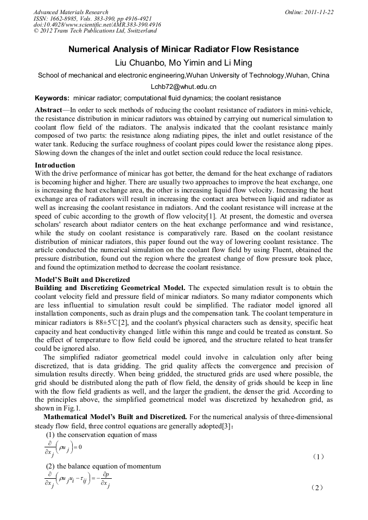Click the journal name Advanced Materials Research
[71, 12]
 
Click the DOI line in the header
[97, 25]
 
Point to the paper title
[183, 49]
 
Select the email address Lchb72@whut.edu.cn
[183, 87]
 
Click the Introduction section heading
[55, 165]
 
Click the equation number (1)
[318, 457]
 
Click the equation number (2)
[318, 488]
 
